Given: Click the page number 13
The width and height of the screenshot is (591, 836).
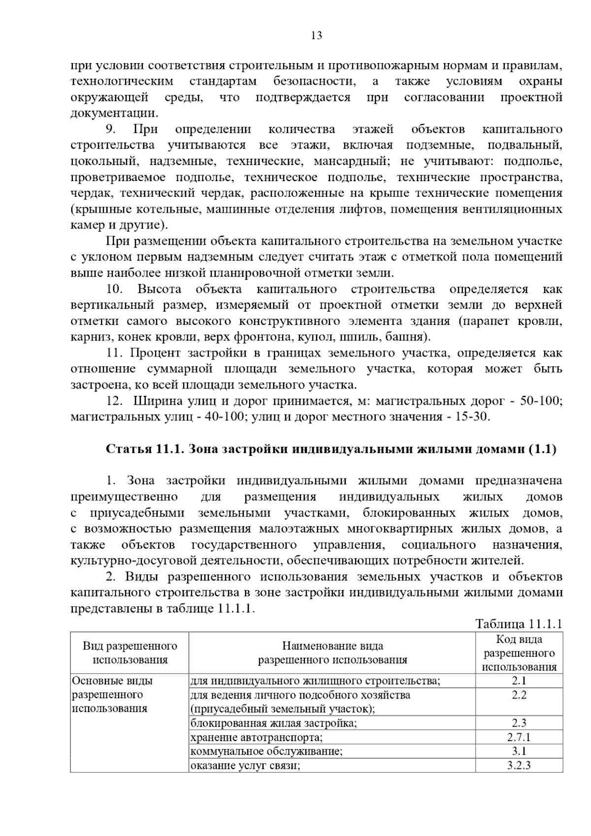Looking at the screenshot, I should click(317, 35).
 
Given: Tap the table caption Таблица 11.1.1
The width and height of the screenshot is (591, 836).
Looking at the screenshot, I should click(519, 624).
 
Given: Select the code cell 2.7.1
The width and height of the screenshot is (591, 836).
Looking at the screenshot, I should click(519, 737).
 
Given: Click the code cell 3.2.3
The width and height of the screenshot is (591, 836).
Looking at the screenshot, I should click(519, 766).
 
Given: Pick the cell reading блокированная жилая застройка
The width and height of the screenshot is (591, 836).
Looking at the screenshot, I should click(273, 723).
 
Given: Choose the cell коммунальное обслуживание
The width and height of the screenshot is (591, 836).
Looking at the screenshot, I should click(266, 751).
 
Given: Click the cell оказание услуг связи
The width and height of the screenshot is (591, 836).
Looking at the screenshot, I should click(245, 766).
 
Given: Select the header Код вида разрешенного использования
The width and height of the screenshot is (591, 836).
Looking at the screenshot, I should click(519, 653).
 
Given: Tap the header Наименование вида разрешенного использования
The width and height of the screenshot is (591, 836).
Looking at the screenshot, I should click(332, 653).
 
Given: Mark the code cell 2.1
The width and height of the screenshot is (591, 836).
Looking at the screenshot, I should click(519, 681).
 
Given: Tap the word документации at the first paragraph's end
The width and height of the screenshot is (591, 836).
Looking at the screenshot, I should click(114, 113).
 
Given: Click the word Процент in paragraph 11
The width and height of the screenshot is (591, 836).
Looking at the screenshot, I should click(157, 353).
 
